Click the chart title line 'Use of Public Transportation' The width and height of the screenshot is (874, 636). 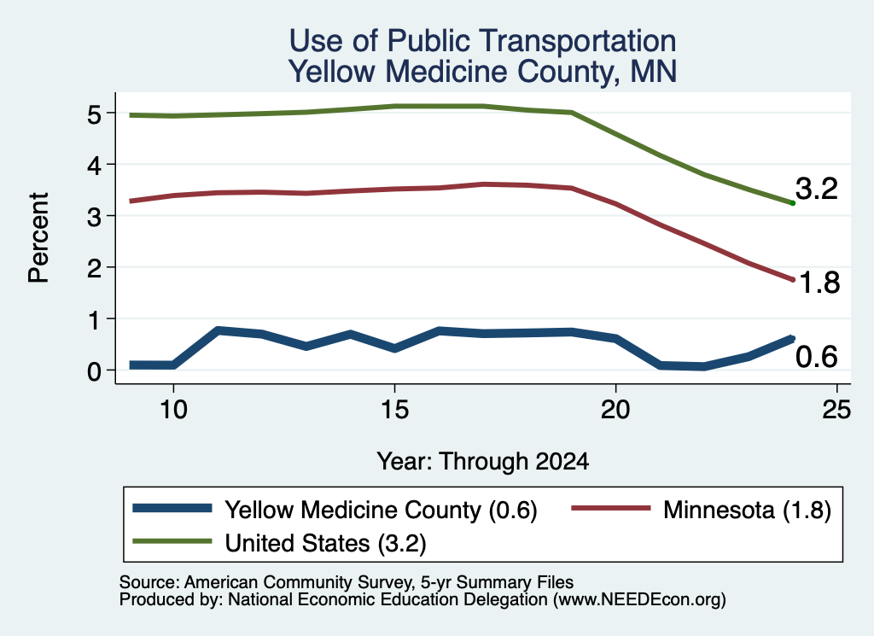483,41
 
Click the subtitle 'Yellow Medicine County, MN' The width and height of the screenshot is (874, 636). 483,72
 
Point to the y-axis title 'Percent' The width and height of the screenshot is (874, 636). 38,237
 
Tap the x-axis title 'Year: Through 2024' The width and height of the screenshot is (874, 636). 483,462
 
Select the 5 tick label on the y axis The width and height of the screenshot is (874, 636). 94,115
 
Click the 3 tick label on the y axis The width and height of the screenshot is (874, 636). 94,217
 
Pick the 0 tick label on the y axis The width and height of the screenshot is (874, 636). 94,371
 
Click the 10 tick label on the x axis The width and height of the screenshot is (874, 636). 173,410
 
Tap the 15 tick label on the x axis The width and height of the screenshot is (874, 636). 394,410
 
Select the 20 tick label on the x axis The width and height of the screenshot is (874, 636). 615,410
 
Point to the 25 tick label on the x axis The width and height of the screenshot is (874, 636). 836,410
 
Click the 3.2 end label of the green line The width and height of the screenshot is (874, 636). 817,189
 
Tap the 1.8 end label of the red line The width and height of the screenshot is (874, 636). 819,283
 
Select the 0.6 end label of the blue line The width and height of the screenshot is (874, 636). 817,357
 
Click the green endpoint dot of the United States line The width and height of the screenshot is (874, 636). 793,203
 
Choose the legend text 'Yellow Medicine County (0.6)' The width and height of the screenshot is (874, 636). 381,510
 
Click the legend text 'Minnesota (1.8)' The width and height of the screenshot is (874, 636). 747,510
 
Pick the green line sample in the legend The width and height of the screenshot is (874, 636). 172,541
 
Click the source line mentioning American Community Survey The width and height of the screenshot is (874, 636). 347,582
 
